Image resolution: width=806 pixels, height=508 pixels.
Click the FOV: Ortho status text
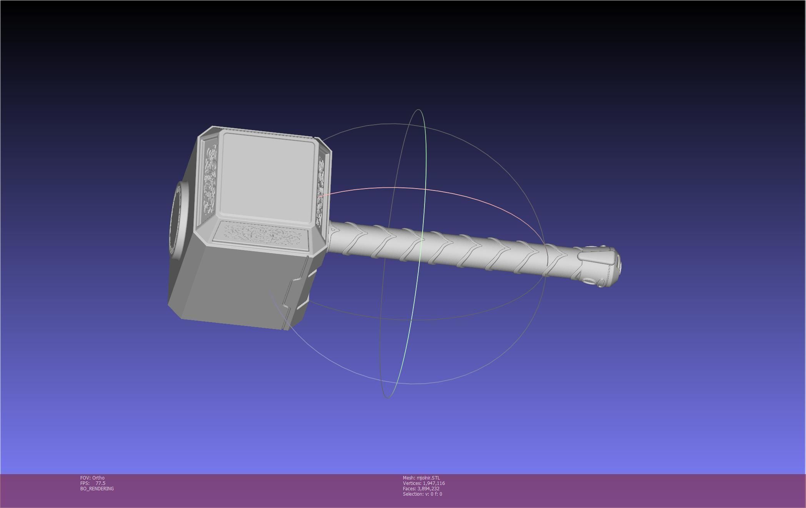click(92, 478)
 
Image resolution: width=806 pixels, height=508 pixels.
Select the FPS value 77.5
click(100, 483)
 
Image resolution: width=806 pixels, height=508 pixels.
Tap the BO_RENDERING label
click(97, 489)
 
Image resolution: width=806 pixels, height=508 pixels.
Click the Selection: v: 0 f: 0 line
click(422, 494)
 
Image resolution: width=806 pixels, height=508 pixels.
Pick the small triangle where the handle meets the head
click(333, 230)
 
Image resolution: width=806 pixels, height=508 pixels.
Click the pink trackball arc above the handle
click(423, 189)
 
